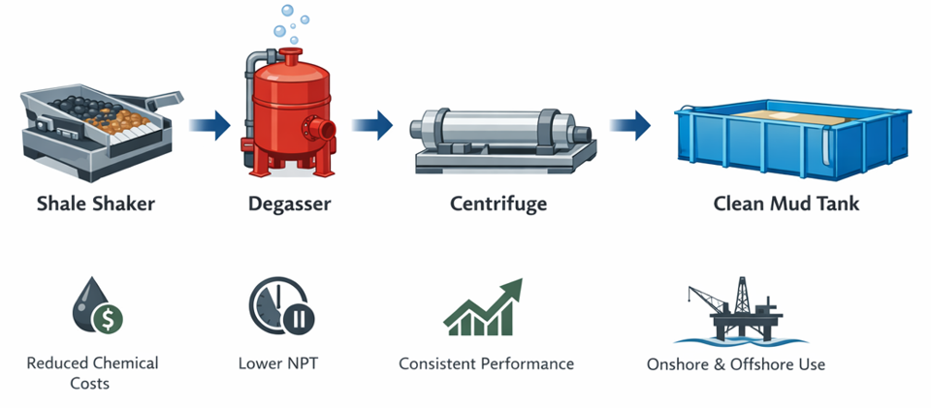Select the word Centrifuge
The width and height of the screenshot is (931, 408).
click(x=498, y=204)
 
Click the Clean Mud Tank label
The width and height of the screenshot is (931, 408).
click(x=786, y=204)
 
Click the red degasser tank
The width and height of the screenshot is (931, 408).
click(x=286, y=111)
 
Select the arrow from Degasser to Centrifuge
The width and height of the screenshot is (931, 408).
click(x=371, y=124)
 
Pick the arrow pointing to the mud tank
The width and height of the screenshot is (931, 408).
click(x=630, y=124)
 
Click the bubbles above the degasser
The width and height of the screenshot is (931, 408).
click(x=295, y=16)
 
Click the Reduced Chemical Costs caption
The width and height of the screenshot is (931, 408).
click(x=92, y=373)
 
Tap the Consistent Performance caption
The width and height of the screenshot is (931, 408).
click(x=486, y=364)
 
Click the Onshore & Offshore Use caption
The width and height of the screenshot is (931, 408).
click(x=735, y=365)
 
